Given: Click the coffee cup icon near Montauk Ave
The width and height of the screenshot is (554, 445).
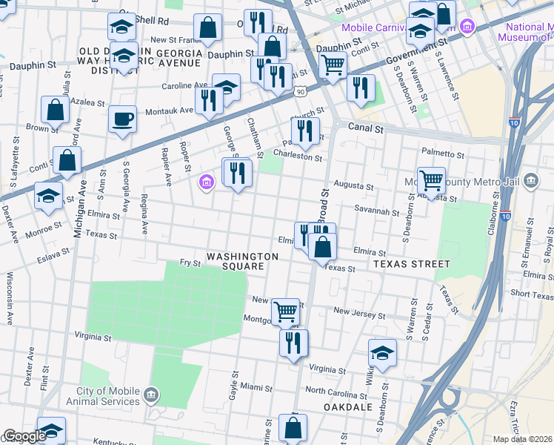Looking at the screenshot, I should click(x=123, y=119).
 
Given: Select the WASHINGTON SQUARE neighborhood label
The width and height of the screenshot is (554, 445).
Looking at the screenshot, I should click(x=242, y=262).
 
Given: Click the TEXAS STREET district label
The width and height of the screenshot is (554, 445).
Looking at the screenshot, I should click(x=411, y=264).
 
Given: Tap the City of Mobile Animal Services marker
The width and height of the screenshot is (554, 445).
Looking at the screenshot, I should click(x=151, y=392).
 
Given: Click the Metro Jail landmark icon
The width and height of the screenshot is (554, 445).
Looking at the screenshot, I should click(x=530, y=181).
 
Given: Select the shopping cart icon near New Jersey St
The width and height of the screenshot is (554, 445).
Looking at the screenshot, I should click(x=285, y=311).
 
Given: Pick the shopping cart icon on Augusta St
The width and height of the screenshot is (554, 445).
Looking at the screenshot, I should click(x=431, y=179).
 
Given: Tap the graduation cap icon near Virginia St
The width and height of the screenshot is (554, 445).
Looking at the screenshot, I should click(x=382, y=353).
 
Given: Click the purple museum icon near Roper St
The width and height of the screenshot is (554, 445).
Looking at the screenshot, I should click(x=207, y=181).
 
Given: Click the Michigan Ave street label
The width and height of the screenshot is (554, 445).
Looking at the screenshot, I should click(x=78, y=208).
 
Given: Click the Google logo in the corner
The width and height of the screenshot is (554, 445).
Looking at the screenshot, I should click(x=24, y=436).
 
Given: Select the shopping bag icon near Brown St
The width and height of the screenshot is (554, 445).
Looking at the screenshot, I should click(x=56, y=110).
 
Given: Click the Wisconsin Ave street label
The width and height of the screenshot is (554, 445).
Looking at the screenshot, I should click(x=10, y=298).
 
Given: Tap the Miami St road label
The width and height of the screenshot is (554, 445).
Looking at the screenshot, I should click(x=256, y=388).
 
